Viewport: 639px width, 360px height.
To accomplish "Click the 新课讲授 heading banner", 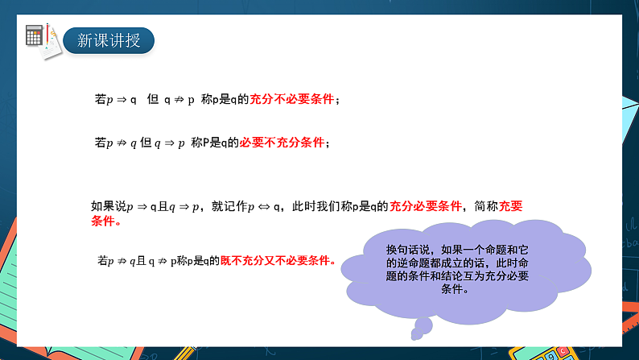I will pos(108,39).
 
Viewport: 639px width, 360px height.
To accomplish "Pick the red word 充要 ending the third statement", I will pos(511,206).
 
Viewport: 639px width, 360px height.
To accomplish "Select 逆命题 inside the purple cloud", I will pos(409,263).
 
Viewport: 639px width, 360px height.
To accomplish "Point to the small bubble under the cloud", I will pos(421,325).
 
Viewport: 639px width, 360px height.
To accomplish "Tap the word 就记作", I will pos(229,206).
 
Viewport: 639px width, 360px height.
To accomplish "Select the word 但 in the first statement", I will pos(152,100).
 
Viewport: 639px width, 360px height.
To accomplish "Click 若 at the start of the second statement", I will pos(100,143).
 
